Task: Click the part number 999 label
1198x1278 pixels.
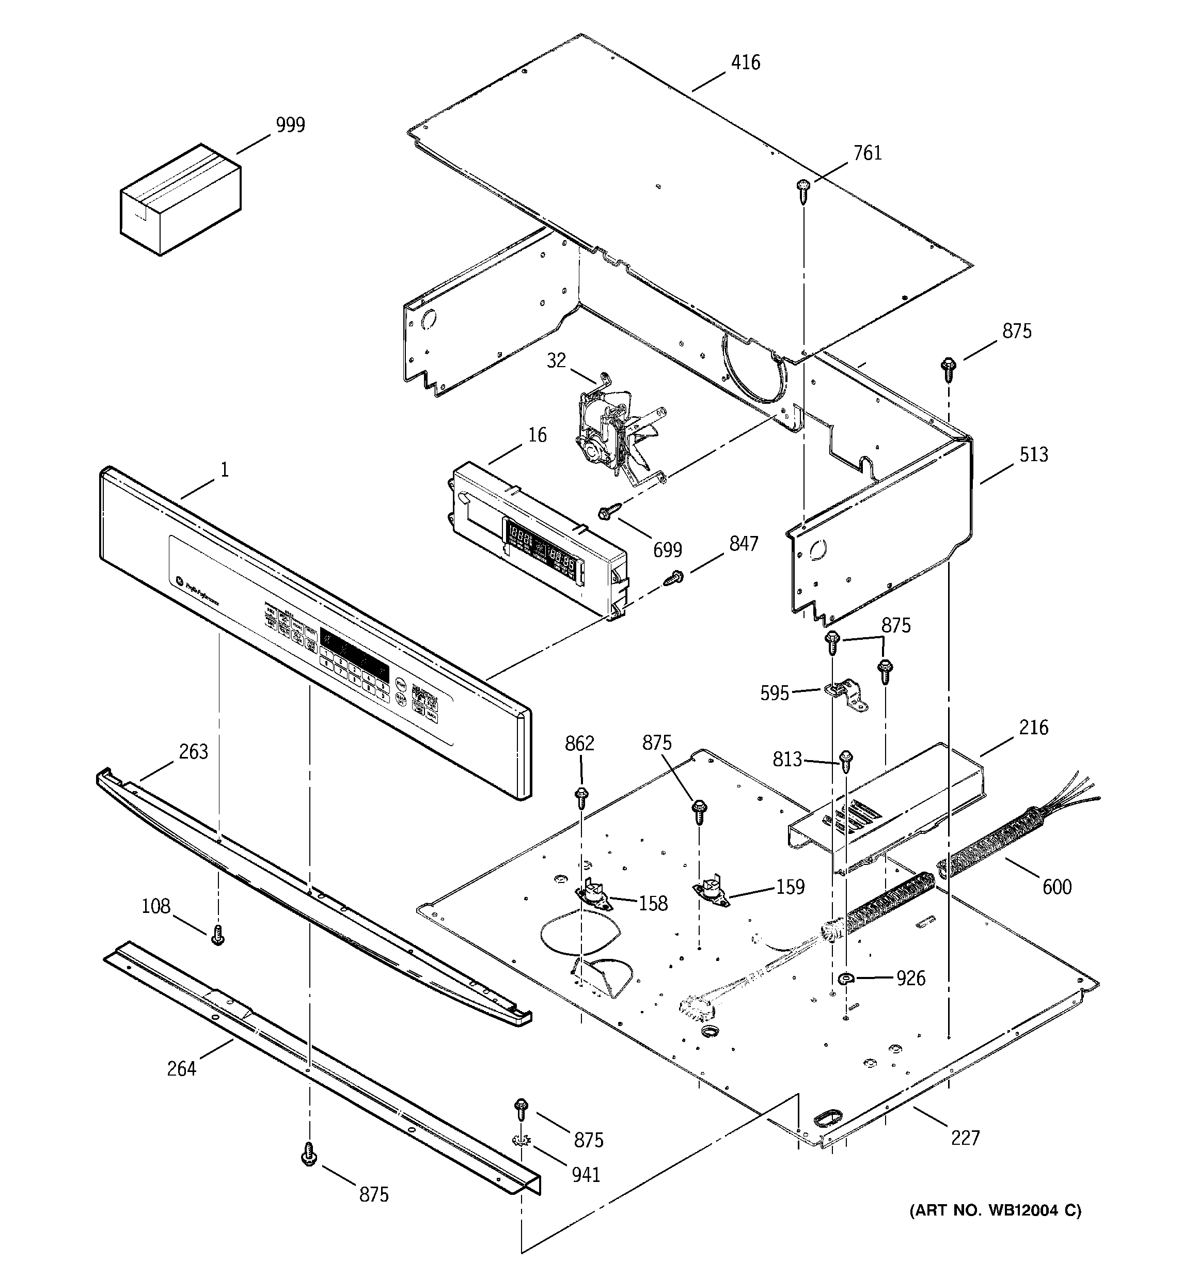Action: point(290,125)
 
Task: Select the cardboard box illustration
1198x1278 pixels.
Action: point(180,199)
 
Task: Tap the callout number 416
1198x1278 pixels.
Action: point(745,62)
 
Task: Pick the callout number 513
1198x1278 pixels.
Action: point(1033,454)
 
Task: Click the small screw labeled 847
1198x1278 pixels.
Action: point(674,577)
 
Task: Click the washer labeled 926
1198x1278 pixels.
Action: point(846,979)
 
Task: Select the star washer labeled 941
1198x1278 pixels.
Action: point(521,1141)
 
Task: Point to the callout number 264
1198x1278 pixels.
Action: point(181,1068)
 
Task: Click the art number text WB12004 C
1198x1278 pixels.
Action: point(995,1210)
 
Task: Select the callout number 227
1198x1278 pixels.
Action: point(965,1139)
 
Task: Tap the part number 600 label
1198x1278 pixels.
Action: point(1057,887)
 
